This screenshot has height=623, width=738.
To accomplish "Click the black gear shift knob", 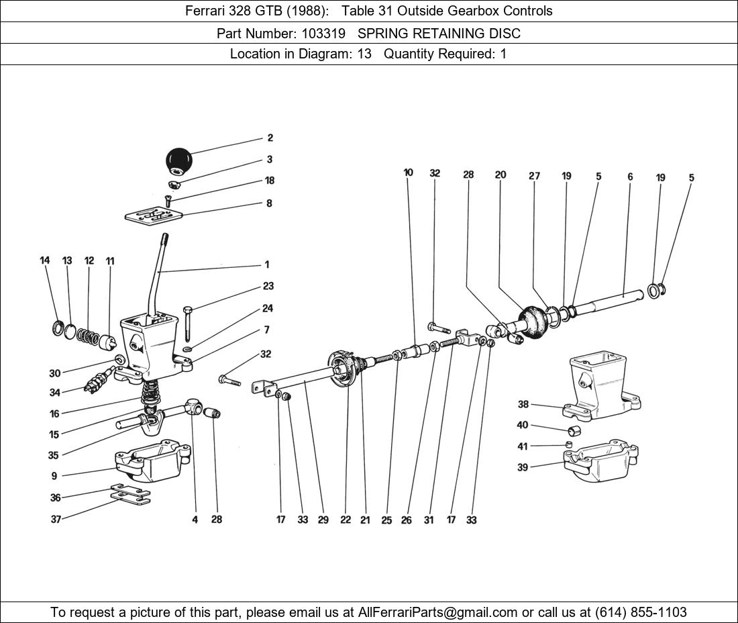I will pyautogui.click(x=178, y=160).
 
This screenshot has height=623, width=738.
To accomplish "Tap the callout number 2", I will pyautogui.click(x=270, y=138).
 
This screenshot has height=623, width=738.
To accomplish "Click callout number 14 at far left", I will pyautogui.click(x=45, y=260).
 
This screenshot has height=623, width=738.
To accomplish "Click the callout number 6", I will pyautogui.click(x=630, y=177).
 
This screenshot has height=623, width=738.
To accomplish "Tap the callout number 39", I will pyautogui.click(x=523, y=468).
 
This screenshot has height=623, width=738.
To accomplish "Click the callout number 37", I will pyautogui.click(x=56, y=519).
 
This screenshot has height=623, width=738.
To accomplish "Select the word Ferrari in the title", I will pyautogui.click(x=205, y=11).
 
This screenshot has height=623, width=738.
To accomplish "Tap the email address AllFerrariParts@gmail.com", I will pyautogui.click(x=438, y=612).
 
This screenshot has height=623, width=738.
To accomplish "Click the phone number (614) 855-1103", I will pyautogui.click(x=641, y=612).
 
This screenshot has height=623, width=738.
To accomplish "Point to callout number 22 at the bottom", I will pyautogui.click(x=345, y=520).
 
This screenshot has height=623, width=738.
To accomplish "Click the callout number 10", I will pyautogui.click(x=408, y=173).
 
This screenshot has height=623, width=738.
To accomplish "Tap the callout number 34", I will pyautogui.click(x=54, y=393).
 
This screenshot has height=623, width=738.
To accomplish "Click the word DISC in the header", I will pyautogui.click(x=505, y=33).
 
